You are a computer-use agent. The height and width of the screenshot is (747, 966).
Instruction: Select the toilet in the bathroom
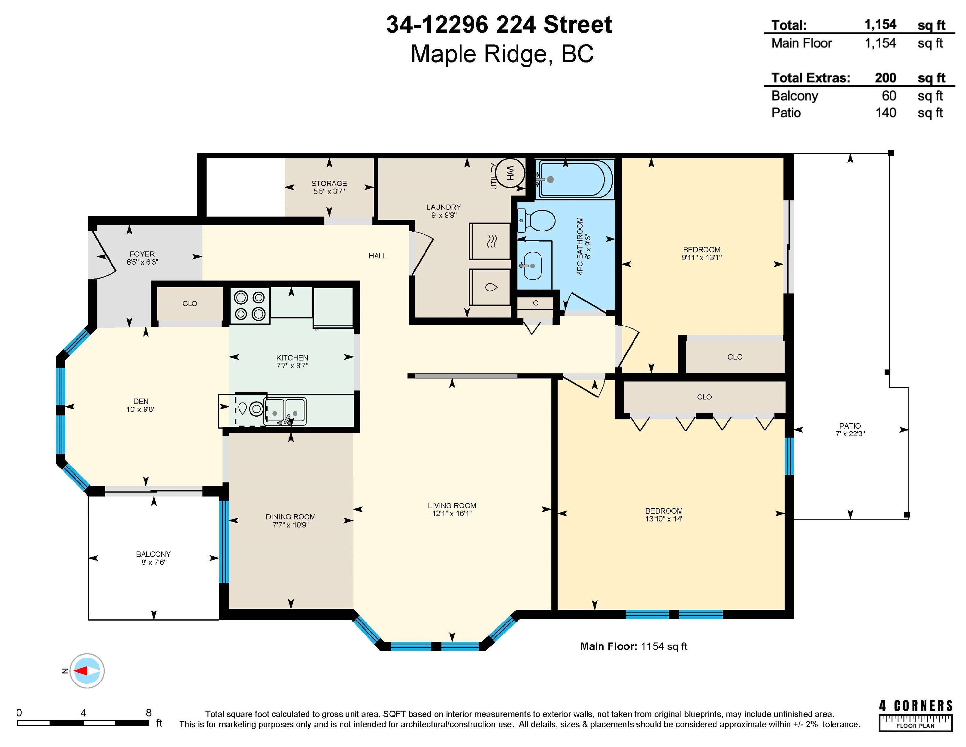[536, 220]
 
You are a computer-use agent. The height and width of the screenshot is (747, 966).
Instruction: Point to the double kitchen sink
[285, 411]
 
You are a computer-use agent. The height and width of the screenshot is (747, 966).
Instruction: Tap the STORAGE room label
[329, 183]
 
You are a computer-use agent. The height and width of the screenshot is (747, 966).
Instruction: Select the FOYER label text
[142, 254]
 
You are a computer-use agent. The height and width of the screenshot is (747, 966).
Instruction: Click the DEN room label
[141, 401]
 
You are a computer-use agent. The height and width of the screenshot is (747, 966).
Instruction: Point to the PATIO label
[850, 426]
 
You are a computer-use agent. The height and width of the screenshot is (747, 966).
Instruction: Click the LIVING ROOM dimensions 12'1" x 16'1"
[452, 513]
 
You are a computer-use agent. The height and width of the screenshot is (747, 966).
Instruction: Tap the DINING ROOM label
[291, 517]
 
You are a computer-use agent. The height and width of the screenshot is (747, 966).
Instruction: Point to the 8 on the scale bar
[149, 713]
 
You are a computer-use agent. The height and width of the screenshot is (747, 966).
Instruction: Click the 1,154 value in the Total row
[880, 24]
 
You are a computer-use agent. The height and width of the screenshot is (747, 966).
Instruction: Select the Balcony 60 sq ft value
[889, 96]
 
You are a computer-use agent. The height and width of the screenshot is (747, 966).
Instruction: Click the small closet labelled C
[535, 303]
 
